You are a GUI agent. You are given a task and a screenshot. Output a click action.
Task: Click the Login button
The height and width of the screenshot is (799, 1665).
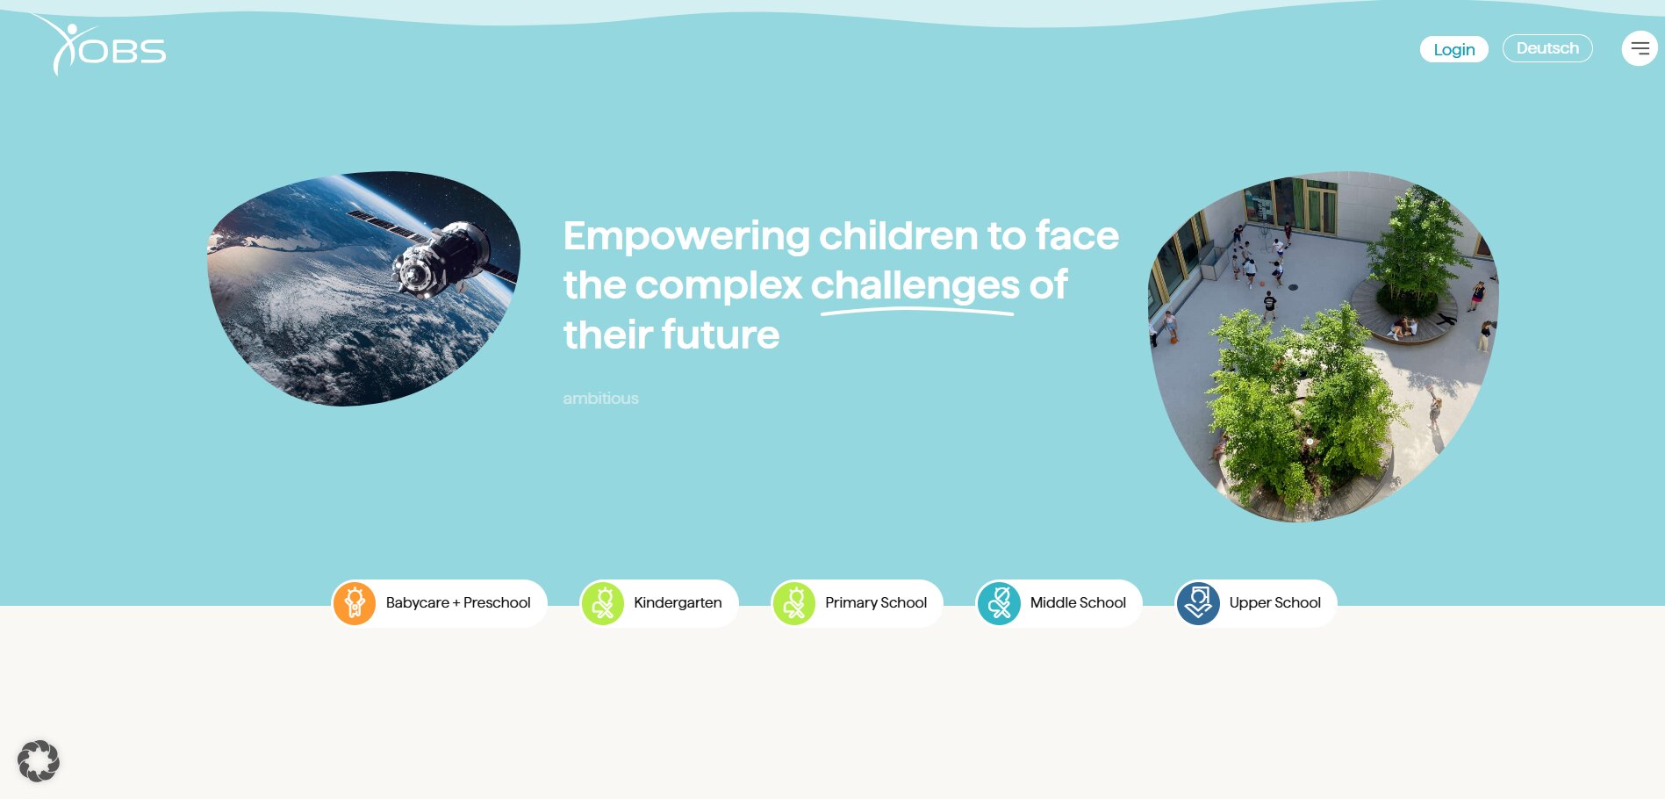pyautogui.click(x=1453, y=49)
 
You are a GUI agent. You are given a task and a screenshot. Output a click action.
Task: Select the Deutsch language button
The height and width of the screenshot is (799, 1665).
pyautogui.click(x=1547, y=48)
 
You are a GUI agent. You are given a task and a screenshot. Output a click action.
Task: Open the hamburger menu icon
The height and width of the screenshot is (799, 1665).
pyautogui.click(x=1640, y=48)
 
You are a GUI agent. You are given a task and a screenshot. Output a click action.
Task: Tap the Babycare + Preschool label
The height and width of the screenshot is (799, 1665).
pyautogui.click(x=458, y=602)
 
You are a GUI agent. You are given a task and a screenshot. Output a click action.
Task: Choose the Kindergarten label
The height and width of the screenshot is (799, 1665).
pyautogui.click(x=678, y=602)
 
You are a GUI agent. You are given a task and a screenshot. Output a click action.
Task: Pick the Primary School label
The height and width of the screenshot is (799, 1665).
pyautogui.click(x=876, y=602)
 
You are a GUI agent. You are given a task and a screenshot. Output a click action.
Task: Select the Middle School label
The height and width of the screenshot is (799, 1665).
pyautogui.click(x=1078, y=602)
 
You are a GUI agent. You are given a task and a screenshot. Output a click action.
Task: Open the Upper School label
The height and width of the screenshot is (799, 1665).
pyautogui.click(x=1274, y=602)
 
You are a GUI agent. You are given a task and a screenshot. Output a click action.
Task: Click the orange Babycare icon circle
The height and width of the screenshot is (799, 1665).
pyautogui.click(x=355, y=603)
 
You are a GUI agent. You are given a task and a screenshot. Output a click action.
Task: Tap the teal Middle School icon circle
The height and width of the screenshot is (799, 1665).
pyautogui.click(x=999, y=603)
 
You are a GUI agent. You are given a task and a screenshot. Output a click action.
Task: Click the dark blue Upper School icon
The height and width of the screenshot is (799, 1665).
pyautogui.click(x=1198, y=603)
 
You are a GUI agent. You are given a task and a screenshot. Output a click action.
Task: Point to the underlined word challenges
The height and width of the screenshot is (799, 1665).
pyautogui.click(x=915, y=286)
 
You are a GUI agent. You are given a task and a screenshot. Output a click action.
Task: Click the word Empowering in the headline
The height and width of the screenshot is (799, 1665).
pyautogui.click(x=686, y=236)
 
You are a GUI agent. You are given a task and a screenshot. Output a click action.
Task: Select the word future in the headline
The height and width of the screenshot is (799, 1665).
pyautogui.click(x=721, y=335)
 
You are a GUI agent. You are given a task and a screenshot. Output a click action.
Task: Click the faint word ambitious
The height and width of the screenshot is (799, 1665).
pyautogui.click(x=600, y=399)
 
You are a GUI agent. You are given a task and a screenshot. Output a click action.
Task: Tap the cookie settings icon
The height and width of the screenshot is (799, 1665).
pyautogui.click(x=39, y=761)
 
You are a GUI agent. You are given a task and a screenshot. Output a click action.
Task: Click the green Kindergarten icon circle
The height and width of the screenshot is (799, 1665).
pyautogui.click(x=603, y=603)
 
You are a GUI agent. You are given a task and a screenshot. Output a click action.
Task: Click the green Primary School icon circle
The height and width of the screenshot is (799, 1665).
pyautogui.click(x=794, y=603)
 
